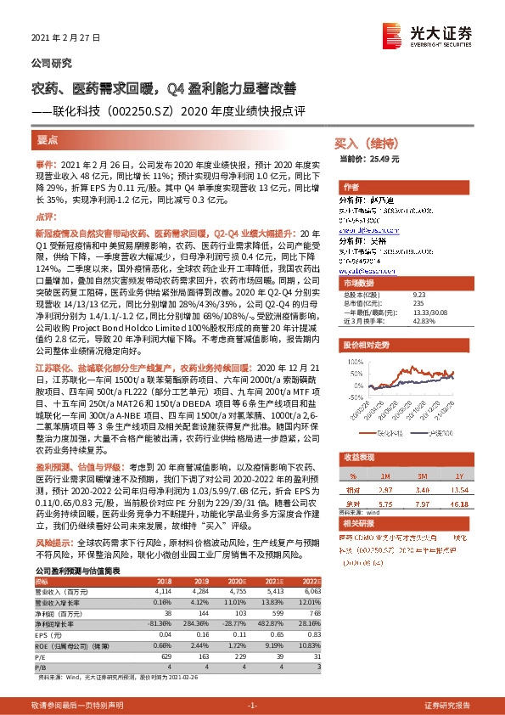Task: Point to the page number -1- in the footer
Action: coord(252,706)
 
